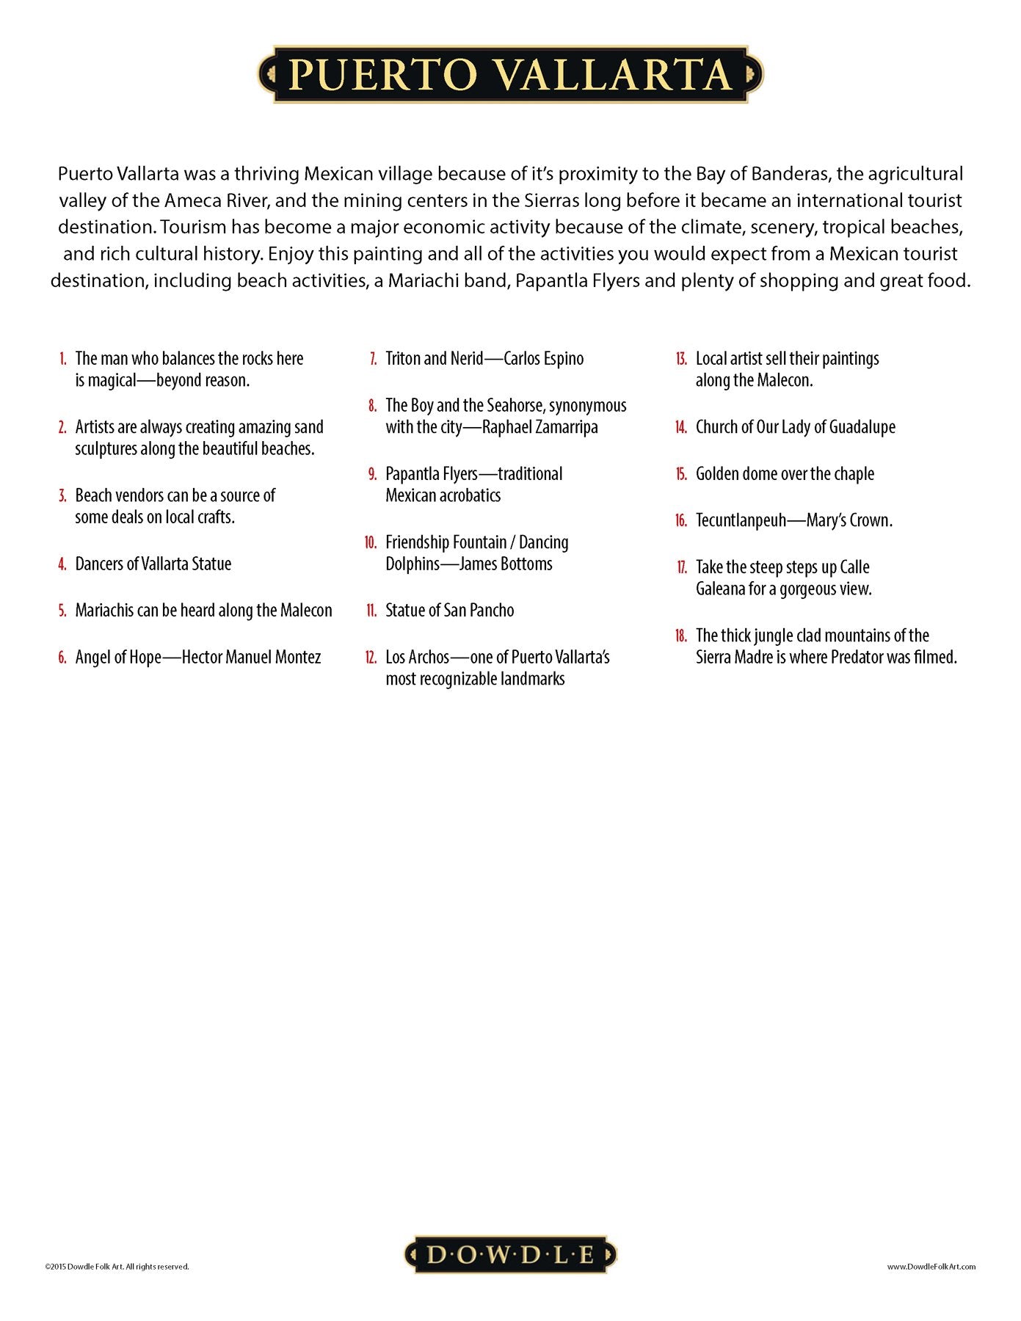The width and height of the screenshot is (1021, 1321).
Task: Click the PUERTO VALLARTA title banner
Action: click(x=510, y=74)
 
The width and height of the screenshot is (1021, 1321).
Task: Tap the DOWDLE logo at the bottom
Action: click(x=510, y=1254)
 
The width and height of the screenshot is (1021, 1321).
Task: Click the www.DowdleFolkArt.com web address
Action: click(x=931, y=1266)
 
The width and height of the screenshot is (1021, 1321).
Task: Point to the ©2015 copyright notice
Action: click(x=117, y=1266)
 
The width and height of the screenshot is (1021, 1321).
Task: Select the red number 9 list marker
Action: click(x=372, y=474)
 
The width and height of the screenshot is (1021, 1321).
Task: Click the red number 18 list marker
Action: click(x=680, y=636)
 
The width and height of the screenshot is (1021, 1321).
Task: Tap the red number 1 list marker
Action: click(x=63, y=359)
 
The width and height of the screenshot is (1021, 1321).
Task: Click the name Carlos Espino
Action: click(x=543, y=359)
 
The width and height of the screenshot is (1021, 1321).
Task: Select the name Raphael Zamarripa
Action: click(x=539, y=427)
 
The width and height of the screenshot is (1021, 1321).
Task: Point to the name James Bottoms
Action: click(x=506, y=564)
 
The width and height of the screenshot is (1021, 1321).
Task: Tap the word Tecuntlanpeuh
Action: click(x=741, y=520)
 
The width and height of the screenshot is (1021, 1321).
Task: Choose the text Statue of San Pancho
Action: click(x=449, y=611)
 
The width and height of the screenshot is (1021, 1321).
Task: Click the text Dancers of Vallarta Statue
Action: click(x=153, y=564)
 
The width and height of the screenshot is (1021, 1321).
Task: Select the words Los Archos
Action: click(x=417, y=657)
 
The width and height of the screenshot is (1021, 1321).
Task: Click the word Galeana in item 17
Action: click(x=720, y=589)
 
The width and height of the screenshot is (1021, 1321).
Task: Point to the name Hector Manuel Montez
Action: click(x=251, y=657)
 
